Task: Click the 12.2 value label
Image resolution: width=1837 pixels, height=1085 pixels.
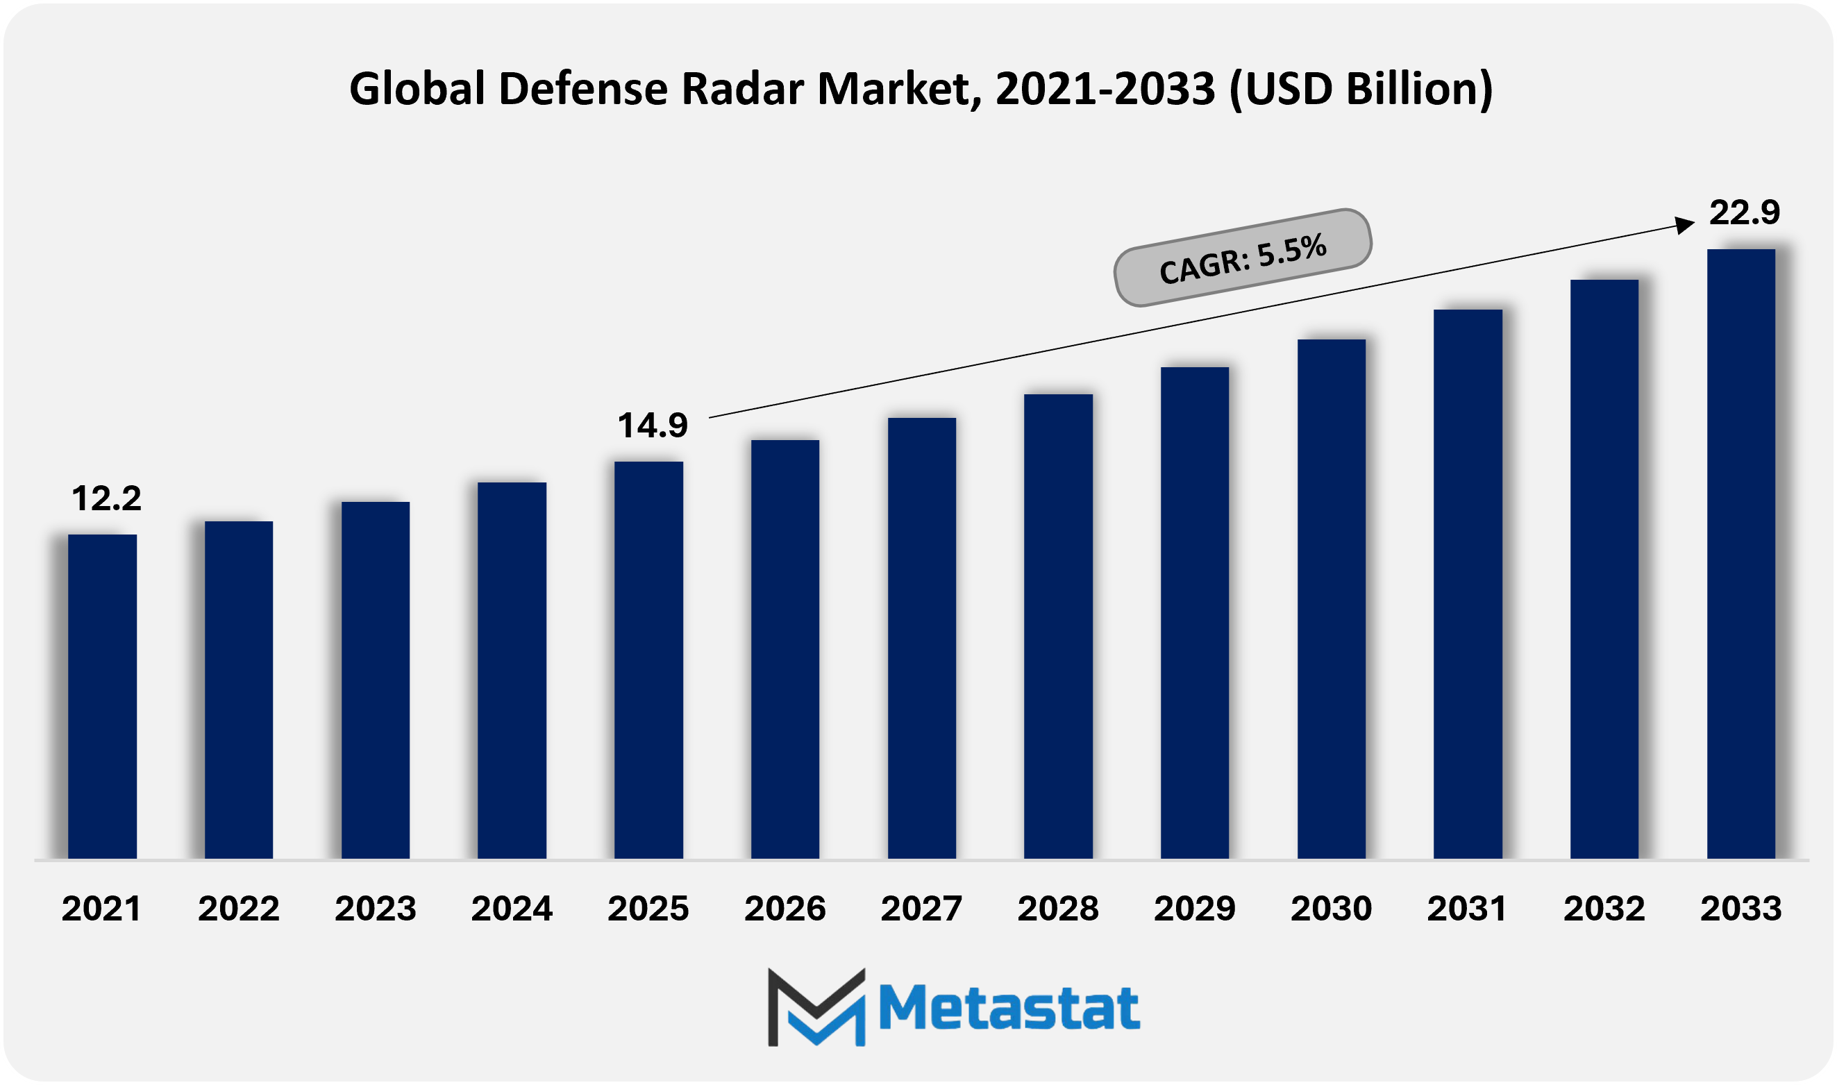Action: pyautogui.click(x=106, y=498)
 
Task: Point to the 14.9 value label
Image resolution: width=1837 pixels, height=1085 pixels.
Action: pyautogui.click(x=652, y=426)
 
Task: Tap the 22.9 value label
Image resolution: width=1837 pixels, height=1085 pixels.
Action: pyautogui.click(x=1744, y=212)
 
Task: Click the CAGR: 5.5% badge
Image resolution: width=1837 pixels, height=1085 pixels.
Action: pyautogui.click(x=1242, y=258)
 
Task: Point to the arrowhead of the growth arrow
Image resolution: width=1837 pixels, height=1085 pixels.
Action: pyautogui.click(x=1684, y=225)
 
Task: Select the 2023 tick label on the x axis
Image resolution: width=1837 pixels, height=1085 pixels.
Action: pyautogui.click(x=375, y=909)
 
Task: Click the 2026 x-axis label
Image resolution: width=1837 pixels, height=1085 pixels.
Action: pyautogui.click(x=785, y=909)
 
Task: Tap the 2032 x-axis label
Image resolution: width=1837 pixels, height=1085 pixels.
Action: pyautogui.click(x=1604, y=909)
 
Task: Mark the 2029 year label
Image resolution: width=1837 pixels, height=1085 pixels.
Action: pyautogui.click(x=1194, y=909)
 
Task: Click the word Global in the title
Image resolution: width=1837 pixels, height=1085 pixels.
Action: pyautogui.click(x=417, y=89)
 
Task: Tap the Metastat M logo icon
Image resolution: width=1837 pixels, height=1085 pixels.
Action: pyautogui.click(x=816, y=1007)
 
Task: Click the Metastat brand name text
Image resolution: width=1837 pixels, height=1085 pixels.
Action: pyautogui.click(x=1008, y=1008)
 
